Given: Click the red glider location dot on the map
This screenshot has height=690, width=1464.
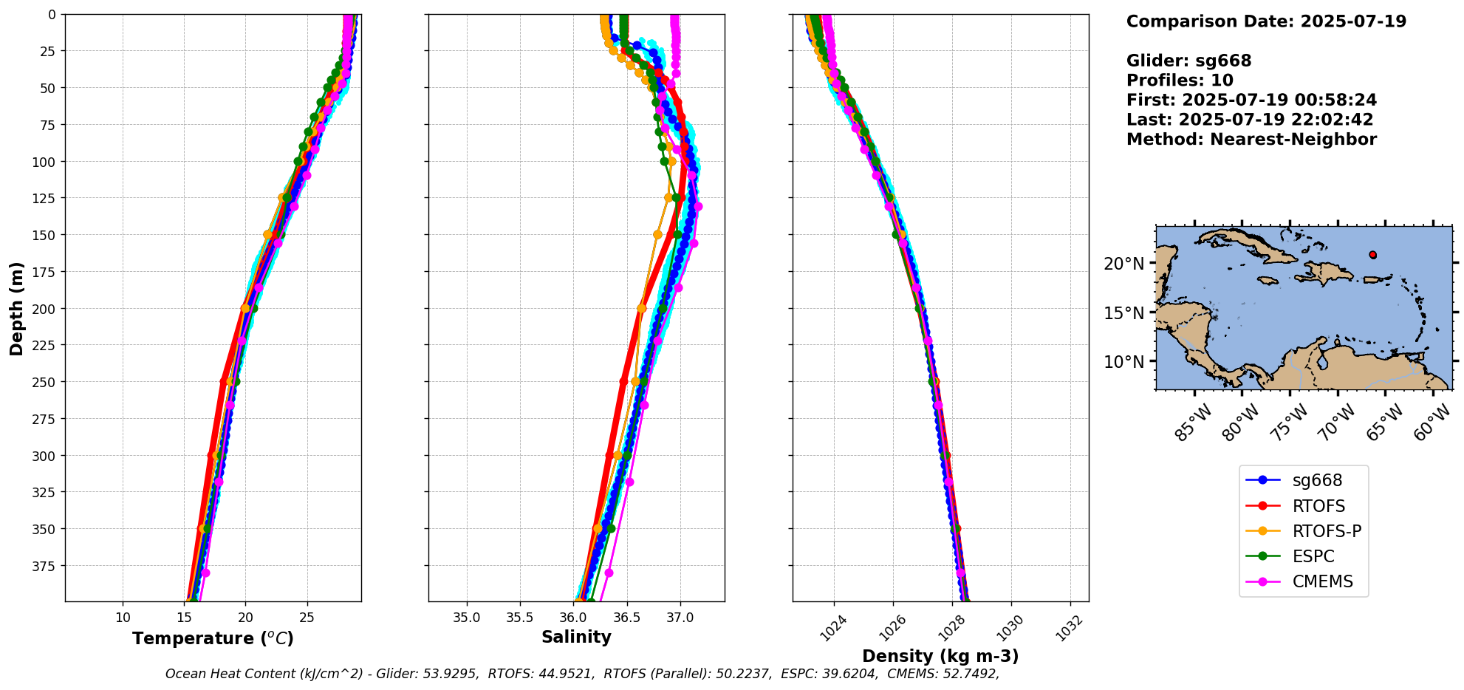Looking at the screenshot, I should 1372,255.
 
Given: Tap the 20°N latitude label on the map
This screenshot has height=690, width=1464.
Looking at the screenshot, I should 1124,264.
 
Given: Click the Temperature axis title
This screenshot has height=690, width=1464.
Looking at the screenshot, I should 213,638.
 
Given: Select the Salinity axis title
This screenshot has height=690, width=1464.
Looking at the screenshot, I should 576,637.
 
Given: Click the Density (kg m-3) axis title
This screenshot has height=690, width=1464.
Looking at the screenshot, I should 940,656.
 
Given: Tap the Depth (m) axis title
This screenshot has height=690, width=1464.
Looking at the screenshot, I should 16,308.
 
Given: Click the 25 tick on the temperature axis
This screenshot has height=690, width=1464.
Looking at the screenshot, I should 307,618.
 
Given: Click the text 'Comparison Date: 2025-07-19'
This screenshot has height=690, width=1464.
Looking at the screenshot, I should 1266,21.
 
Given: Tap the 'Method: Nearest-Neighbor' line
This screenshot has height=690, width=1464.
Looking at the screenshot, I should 1251,140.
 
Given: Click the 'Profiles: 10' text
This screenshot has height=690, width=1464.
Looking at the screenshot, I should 1180,81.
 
